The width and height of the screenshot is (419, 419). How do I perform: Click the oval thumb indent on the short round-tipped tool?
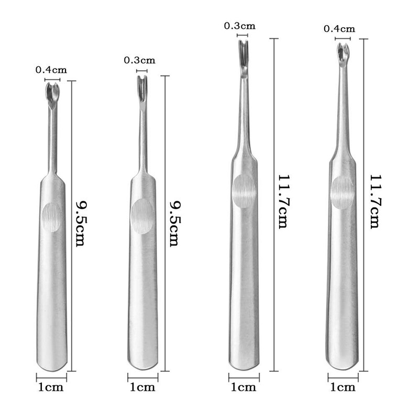[x=51, y=217]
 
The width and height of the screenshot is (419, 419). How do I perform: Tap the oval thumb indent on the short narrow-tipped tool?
[x=142, y=216]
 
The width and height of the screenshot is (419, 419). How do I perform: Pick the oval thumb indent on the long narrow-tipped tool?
[x=243, y=191]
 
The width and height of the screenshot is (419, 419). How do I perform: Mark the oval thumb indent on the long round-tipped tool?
[x=343, y=192]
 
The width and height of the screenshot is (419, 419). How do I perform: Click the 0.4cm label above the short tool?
[x=51, y=70]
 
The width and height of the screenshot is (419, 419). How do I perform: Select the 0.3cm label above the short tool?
[x=139, y=60]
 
